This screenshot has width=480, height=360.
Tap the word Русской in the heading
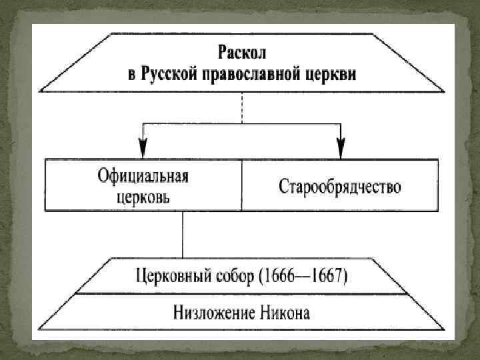point(169,71)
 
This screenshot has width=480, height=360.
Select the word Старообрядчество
point(340,186)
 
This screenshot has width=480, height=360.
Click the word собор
point(237,275)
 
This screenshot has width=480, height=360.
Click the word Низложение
point(210,311)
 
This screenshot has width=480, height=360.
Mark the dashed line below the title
point(242,107)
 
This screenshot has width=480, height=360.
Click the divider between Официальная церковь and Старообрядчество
point(241,186)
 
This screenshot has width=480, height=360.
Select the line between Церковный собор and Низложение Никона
point(242,293)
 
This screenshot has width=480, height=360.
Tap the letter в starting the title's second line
point(132,72)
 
